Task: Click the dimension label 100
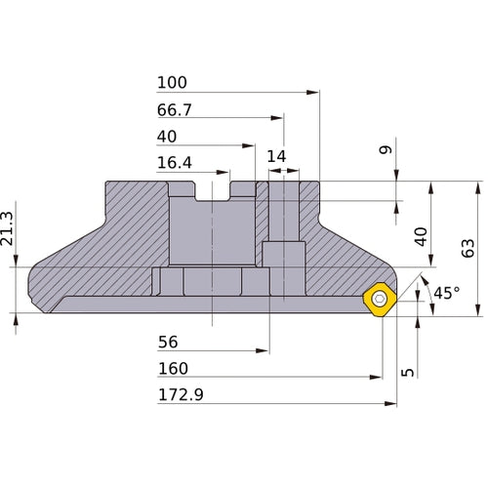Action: click(x=172, y=83)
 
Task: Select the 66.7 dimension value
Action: click(x=175, y=110)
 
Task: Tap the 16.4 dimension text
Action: click(x=175, y=163)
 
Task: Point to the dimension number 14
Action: click(x=276, y=156)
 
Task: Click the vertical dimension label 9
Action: click(x=386, y=149)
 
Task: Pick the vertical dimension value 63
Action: click(x=468, y=249)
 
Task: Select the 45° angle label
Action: click(x=447, y=293)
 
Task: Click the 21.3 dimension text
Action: click(x=7, y=228)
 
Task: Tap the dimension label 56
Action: click(x=168, y=342)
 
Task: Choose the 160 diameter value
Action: click(x=173, y=369)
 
